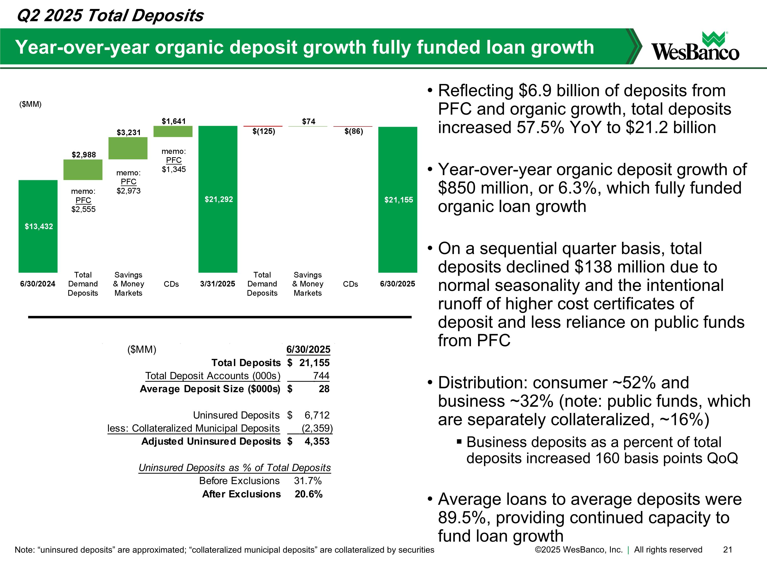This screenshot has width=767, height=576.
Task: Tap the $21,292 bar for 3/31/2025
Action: tap(218, 199)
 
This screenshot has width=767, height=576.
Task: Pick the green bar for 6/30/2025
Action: tap(398, 200)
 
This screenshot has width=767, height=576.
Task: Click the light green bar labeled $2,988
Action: tap(83, 169)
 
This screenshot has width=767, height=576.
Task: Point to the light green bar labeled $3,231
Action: tap(128, 148)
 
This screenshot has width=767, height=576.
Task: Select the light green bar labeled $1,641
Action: tap(173, 132)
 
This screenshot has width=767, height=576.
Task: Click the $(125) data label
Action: tap(264, 131)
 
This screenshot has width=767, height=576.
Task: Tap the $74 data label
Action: tap(309, 121)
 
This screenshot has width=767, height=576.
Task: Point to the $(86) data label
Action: tap(354, 131)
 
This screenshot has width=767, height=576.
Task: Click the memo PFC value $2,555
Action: tap(83, 209)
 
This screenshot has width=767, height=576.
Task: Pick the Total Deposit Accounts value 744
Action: tap(321, 376)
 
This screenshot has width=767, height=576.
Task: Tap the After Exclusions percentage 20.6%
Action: tap(309, 494)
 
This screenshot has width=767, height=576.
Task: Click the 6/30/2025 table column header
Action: tap(308, 349)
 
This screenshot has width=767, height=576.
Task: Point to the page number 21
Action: tap(727, 550)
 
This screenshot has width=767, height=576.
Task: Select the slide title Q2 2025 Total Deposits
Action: tap(110, 16)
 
